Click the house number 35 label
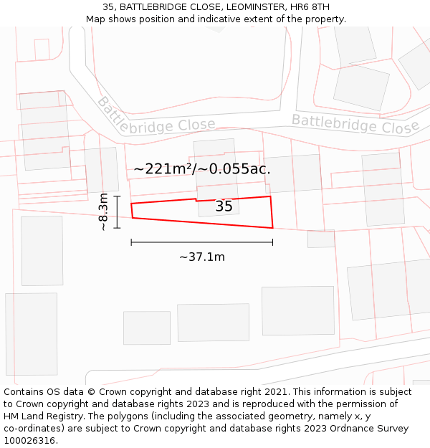224,206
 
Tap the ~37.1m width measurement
202,257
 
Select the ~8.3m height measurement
104,211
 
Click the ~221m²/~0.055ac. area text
202,169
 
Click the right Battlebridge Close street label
355,124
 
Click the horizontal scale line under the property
202,242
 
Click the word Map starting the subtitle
96,19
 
